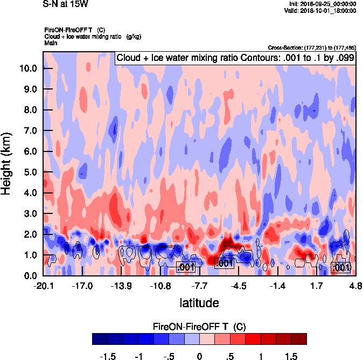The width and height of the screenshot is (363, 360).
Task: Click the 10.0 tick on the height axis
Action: click(29, 68)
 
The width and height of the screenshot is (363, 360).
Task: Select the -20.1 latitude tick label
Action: click(44, 285)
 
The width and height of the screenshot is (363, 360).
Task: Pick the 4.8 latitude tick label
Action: click(354, 285)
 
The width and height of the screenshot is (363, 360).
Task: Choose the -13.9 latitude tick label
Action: click(122, 285)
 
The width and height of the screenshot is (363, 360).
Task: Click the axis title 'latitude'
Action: click(199, 302)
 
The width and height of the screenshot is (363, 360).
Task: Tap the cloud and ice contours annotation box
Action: click(235, 58)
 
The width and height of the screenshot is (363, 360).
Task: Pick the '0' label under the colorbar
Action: click(199, 357)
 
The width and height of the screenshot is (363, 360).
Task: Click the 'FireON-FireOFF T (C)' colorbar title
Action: click(199, 327)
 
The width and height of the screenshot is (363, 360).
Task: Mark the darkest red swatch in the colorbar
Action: click(299, 338)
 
